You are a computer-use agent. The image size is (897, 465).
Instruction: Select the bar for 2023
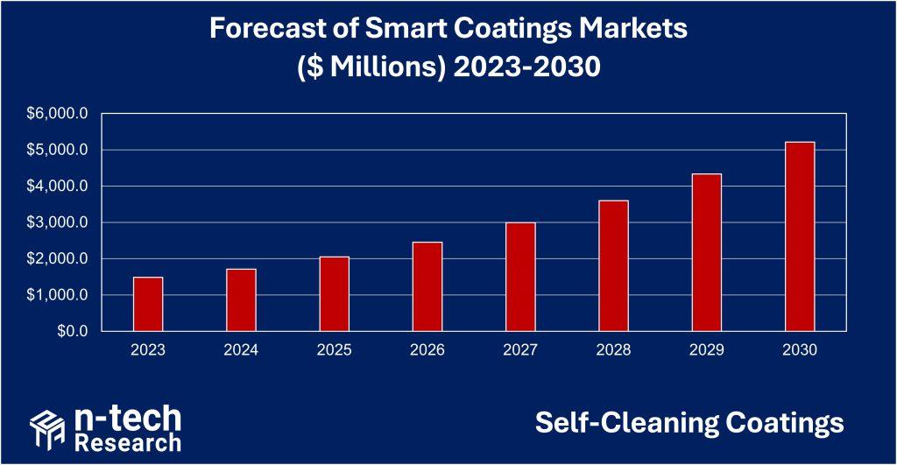[148, 304]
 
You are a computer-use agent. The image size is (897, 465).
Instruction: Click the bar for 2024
[241, 300]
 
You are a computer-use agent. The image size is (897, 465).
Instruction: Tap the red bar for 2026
[427, 286]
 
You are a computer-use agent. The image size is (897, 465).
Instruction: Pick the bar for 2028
[613, 266]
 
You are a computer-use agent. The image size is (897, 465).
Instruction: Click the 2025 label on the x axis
[334, 350]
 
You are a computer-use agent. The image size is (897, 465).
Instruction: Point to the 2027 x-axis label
[520, 350]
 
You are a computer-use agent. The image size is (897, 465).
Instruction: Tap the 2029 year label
[707, 350]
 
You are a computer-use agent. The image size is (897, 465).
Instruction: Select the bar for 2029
[707, 253]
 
